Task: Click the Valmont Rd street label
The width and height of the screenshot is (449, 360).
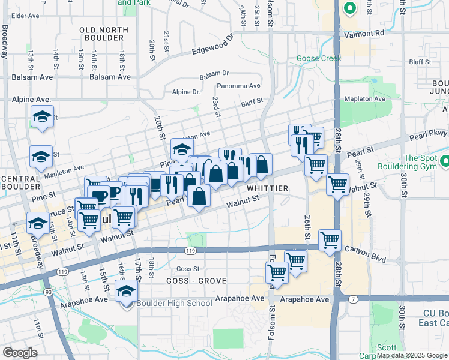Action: pyautogui.click(x=364, y=34)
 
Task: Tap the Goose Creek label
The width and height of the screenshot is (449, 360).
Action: pyautogui.click(x=318, y=58)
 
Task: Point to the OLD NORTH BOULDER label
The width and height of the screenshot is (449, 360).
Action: pyautogui.click(x=105, y=34)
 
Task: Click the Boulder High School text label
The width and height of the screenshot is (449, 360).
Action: pyautogui.click(x=174, y=303)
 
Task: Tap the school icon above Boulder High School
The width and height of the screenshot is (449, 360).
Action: pyautogui.click(x=127, y=291)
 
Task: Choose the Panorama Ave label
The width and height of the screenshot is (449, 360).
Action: pyautogui.click(x=238, y=86)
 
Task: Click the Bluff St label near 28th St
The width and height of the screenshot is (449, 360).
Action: pyautogui.click(x=420, y=62)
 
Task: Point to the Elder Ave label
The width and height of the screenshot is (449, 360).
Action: pyautogui.click(x=25, y=16)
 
